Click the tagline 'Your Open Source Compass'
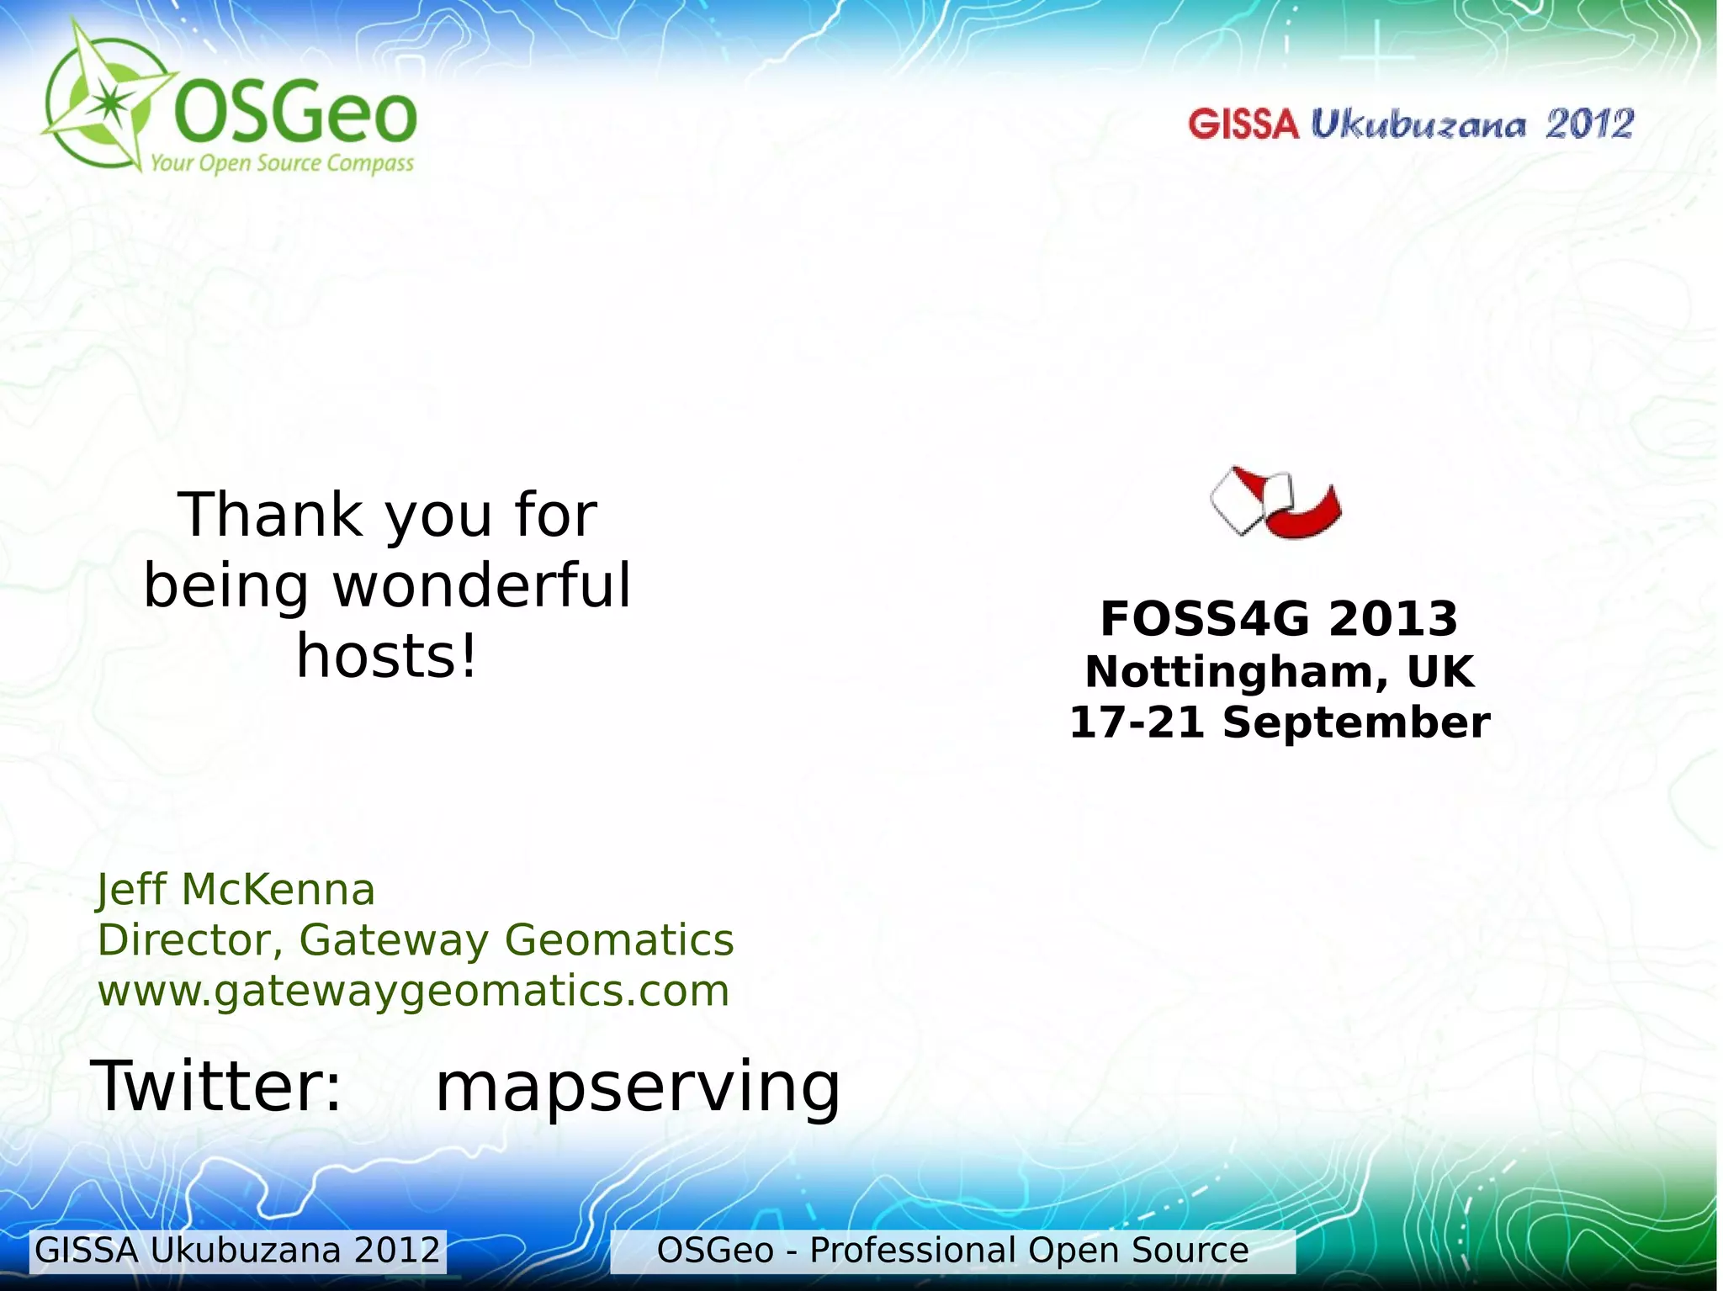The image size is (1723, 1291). tap(282, 162)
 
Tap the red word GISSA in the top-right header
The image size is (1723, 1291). tap(1243, 124)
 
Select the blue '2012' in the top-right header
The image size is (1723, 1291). tap(1589, 124)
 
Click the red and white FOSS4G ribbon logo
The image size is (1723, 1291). tap(1275, 502)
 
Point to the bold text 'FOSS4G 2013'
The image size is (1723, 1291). tap(1279, 619)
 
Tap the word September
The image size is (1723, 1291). tap(1355, 722)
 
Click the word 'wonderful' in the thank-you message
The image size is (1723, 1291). tap(481, 585)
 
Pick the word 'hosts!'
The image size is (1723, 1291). tap(387, 656)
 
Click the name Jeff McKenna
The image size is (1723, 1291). tap(236, 889)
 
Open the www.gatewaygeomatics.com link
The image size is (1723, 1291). tap(413, 990)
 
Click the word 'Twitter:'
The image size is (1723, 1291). tap(217, 1086)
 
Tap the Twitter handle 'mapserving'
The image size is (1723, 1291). tap(638, 1087)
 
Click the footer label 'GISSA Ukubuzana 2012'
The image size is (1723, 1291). tap(238, 1251)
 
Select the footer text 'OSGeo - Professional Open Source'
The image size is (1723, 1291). tap(952, 1251)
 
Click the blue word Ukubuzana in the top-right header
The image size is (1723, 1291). tap(1418, 124)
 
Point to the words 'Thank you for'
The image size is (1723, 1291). tap(387, 515)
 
